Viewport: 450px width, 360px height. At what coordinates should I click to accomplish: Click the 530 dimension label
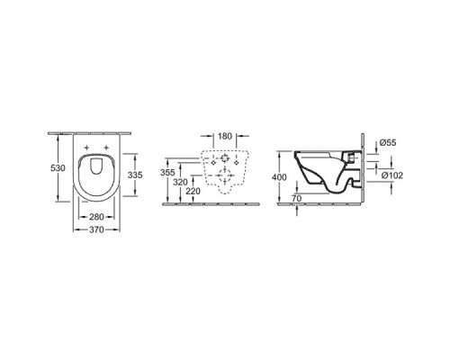click(x=58, y=168)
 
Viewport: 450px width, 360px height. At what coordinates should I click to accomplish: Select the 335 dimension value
click(x=135, y=175)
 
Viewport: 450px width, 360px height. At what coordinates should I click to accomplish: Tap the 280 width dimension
click(x=96, y=216)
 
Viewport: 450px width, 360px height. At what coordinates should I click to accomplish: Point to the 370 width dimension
click(x=96, y=229)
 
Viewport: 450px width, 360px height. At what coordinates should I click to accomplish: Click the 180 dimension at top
click(x=225, y=136)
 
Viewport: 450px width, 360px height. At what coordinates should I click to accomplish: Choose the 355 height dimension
click(x=167, y=173)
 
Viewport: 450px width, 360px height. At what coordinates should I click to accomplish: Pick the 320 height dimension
click(x=180, y=182)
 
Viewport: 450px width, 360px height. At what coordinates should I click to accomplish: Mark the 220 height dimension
click(x=193, y=191)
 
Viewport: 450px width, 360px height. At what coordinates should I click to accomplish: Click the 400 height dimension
click(x=279, y=177)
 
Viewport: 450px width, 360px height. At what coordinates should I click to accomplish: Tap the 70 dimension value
click(x=296, y=199)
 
